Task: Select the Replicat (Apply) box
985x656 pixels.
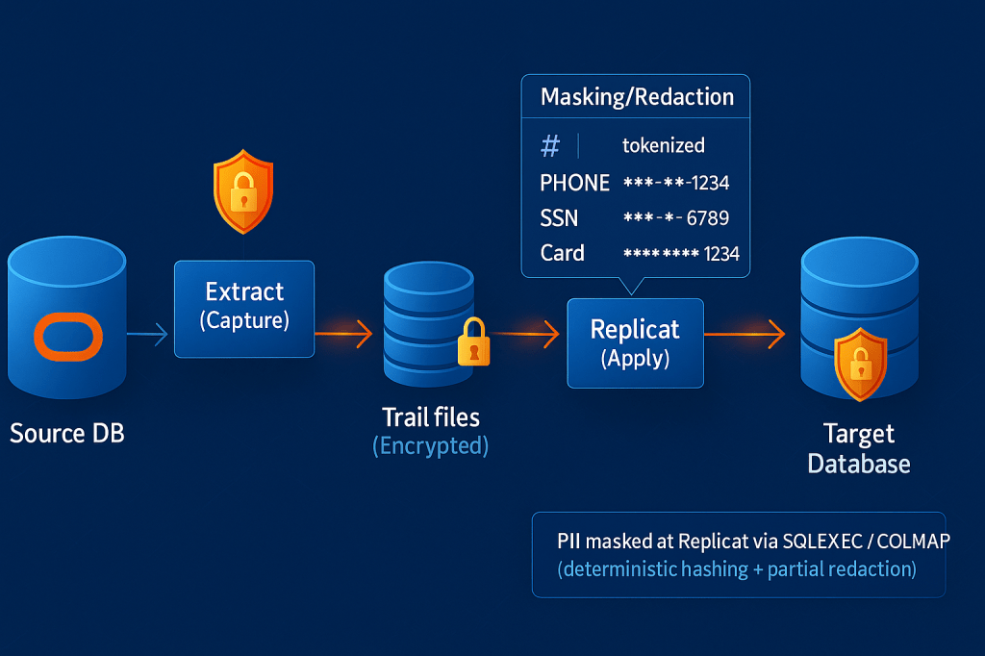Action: point(635,342)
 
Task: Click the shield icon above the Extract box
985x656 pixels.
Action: point(242,191)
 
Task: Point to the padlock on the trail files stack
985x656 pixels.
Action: point(472,341)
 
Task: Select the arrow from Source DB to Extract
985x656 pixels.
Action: point(148,335)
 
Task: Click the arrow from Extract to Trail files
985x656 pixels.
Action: point(343,335)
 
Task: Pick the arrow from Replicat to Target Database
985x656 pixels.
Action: point(745,335)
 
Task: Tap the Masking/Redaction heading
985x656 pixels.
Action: point(637,97)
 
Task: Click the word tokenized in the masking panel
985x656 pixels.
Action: point(664,145)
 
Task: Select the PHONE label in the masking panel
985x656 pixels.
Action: point(575,183)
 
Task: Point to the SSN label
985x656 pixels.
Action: point(559,218)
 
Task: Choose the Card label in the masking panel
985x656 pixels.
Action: point(563,253)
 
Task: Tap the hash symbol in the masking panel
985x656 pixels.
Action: point(550,146)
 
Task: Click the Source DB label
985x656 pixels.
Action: point(67,433)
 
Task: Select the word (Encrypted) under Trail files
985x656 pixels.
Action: point(430,446)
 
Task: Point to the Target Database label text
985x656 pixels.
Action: point(859,449)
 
